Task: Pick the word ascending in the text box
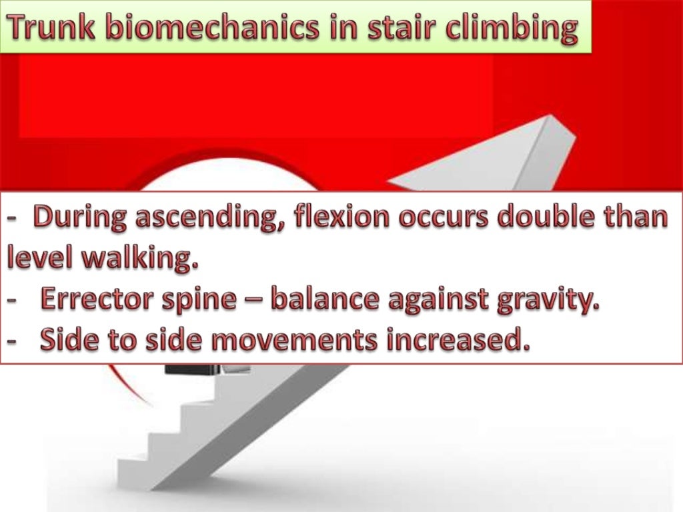pyautogui.click(x=213, y=219)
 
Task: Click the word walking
pyautogui.click(x=141, y=257)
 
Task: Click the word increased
pyautogui.click(x=457, y=341)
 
